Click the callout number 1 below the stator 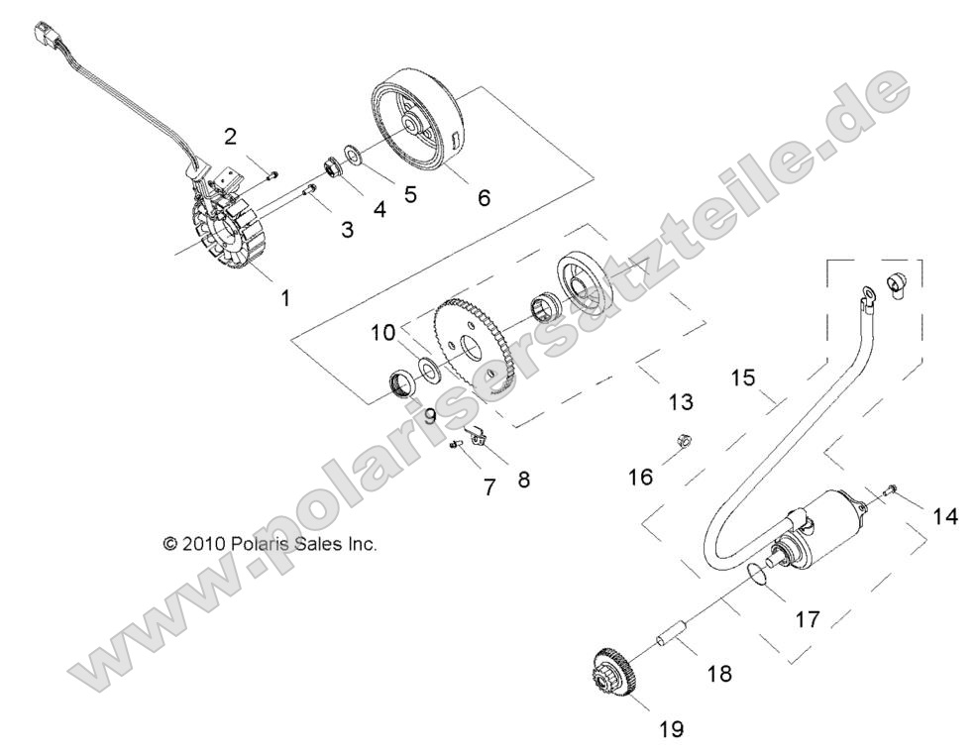coord(286,297)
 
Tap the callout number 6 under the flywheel coord(484,197)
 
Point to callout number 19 coord(672,729)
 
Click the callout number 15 coord(743,377)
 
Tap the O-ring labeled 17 coord(757,573)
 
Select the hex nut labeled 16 coord(683,439)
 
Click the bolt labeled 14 coord(891,488)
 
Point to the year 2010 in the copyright coord(204,543)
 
